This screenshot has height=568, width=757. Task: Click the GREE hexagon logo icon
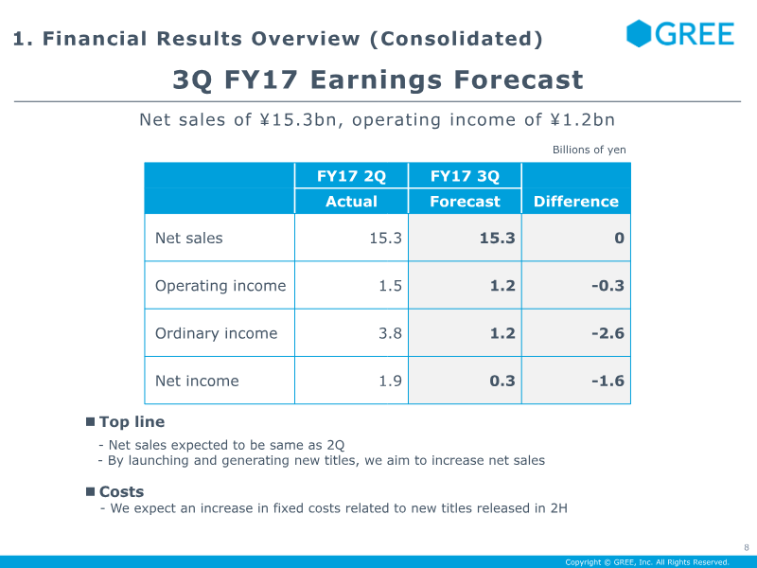[x=639, y=34]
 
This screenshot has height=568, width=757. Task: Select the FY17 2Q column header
[x=351, y=176]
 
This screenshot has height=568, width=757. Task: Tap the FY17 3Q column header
[x=465, y=176]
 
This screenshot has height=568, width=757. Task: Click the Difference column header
[x=576, y=201]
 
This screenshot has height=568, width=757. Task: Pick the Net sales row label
[x=188, y=238]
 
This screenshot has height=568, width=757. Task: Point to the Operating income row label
[x=220, y=286]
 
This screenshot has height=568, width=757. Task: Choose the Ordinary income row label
[x=217, y=333]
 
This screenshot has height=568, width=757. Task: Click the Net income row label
[x=197, y=381]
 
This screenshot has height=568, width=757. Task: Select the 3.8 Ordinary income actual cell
[x=390, y=333]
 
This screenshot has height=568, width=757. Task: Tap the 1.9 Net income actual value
[x=390, y=381]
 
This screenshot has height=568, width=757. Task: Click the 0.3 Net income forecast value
[x=502, y=381]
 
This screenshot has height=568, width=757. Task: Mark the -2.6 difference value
[x=607, y=333]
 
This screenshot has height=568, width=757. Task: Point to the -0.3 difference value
[x=607, y=286]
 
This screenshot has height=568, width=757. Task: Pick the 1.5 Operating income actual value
[x=390, y=286]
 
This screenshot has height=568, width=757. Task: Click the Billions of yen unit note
[x=589, y=150]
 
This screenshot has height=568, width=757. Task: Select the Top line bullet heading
[x=132, y=421]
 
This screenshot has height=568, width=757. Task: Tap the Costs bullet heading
[x=122, y=491]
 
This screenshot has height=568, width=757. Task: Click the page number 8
[x=747, y=548]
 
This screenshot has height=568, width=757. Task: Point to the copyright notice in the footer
[x=647, y=562]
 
